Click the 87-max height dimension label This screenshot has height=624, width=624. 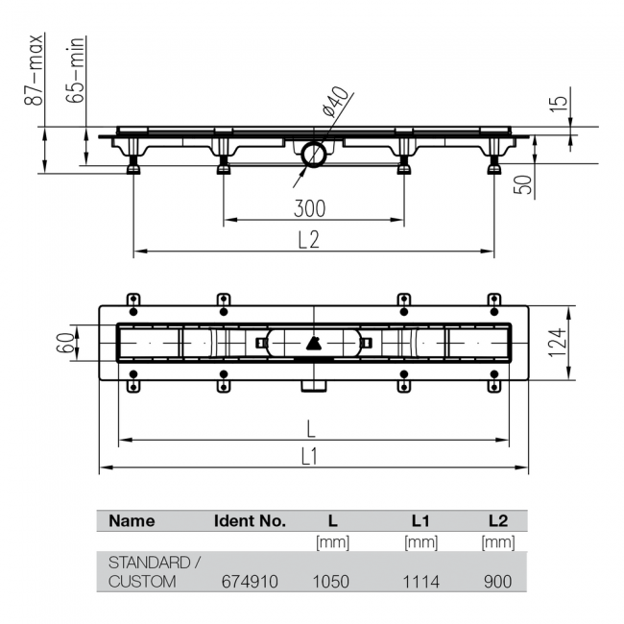pos(34,70)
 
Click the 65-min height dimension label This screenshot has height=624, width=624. pos(75,70)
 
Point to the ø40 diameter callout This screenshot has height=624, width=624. pos(336,102)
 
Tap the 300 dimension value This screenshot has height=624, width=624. pos(310,208)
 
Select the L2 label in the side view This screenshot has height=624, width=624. pos(309,240)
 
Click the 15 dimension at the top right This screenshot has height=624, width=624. pos(559,104)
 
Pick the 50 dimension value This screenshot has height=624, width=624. pos(523,184)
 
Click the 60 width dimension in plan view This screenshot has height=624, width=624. pos(65,343)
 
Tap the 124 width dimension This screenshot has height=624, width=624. pos(557,343)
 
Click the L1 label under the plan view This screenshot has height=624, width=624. pos(309,456)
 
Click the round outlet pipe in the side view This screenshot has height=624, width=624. pos(314,154)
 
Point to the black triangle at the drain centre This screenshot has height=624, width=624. pos(314,343)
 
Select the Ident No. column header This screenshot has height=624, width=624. pos(250,521)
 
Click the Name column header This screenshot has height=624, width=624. pos(132,521)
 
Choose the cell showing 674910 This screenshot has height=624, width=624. pos(250,582)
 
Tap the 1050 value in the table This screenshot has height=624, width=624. pos(330,582)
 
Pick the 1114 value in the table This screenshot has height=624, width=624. pos(421,582)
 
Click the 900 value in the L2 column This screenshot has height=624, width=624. pos(498,582)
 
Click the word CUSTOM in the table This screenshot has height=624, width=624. pos(142,582)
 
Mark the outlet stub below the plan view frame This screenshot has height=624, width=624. pos(314,386)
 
